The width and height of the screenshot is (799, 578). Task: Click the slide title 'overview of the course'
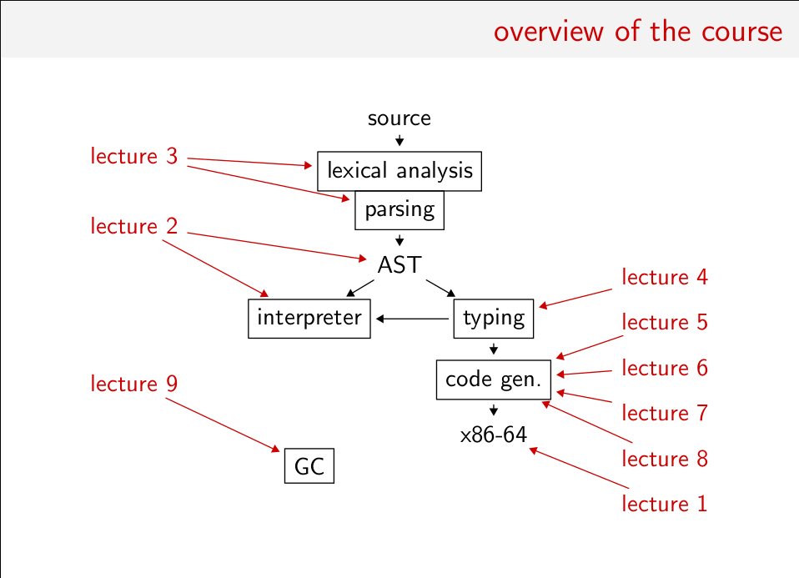[637, 31]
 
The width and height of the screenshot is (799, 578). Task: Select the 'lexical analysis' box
[399, 171]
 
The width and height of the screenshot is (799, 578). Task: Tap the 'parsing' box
[399, 209]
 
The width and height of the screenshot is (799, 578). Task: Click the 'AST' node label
[399, 265]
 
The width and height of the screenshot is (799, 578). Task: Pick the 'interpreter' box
[309, 318]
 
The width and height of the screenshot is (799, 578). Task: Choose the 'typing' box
[494, 318]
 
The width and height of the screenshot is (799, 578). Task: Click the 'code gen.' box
[494, 379]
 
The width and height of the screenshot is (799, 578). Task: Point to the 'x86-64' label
[494, 435]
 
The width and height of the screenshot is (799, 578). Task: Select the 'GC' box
[309, 466]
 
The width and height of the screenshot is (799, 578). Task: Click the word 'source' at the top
[399, 118]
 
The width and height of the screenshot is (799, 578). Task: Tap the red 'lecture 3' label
[134, 156]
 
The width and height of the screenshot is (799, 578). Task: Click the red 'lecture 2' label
[134, 226]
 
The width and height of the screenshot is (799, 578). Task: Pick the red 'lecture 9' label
[134, 384]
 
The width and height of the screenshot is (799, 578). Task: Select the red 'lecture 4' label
[665, 277]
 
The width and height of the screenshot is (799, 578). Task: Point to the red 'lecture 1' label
[665, 504]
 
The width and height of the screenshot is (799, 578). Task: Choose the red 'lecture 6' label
[665, 368]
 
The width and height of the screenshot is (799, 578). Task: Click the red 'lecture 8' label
[665, 459]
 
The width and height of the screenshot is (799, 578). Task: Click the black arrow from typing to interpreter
[413, 319]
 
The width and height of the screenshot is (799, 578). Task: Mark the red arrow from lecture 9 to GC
[223, 425]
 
